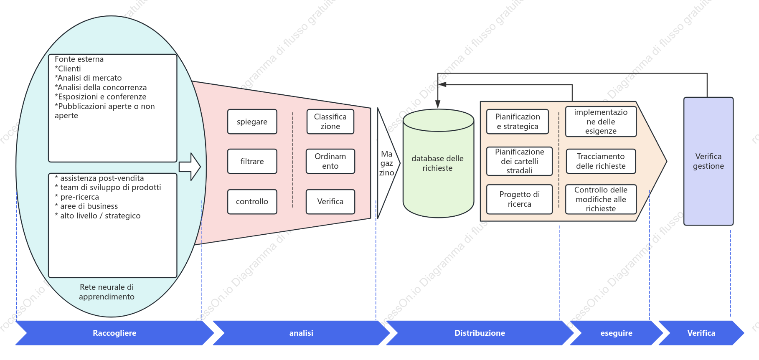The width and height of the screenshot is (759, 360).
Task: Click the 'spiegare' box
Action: pyautogui.click(x=252, y=122)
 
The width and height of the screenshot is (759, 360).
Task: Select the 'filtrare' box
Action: pyautogui.click(x=252, y=161)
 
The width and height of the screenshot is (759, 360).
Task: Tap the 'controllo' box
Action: pyautogui.click(x=252, y=202)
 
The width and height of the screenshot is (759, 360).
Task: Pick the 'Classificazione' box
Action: pyautogui.click(x=330, y=122)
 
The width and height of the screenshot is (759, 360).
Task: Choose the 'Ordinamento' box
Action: pyautogui.click(x=330, y=161)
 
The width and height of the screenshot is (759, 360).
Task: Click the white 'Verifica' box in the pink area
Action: pyautogui.click(x=330, y=202)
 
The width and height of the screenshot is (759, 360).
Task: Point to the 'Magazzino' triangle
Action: pyautogui.click(x=387, y=163)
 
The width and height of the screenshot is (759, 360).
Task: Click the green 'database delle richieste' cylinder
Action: pyautogui.click(x=438, y=163)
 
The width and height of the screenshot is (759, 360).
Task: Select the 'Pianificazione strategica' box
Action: pyautogui.click(x=518, y=122)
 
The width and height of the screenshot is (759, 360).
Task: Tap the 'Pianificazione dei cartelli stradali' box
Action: pyautogui.click(x=519, y=161)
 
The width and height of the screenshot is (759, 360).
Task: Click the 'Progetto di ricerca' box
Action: pyautogui.click(x=519, y=199)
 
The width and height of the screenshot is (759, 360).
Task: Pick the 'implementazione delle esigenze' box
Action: pyautogui.click(x=601, y=122)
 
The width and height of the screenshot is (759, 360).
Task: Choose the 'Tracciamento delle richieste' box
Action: pyautogui.click(x=601, y=161)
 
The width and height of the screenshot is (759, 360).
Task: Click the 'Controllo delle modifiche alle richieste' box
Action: pyautogui.click(x=601, y=199)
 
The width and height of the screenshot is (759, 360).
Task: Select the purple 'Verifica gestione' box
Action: pyautogui.click(x=708, y=161)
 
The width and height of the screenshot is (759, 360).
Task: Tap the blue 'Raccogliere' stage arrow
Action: pyautogui.click(x=114, y=333)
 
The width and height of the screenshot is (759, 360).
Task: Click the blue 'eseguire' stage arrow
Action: pyautogui.click(x=616, y=333)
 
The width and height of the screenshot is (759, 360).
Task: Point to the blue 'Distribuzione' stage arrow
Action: pyautogui.click(x=480, y=333)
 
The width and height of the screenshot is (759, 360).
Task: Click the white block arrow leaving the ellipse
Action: pyautogui.click(x=190, y=167)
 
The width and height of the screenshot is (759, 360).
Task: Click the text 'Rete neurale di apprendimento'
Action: pyautogui.click(x=107, y=292)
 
